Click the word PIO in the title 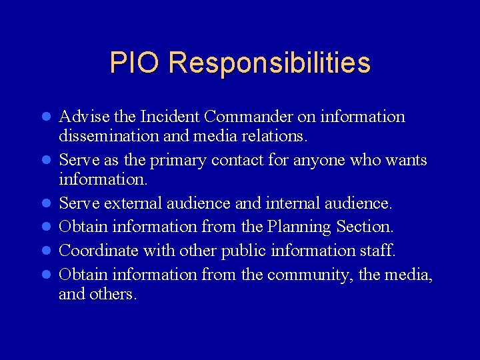(x=135, y=63)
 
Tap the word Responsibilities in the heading (x=269, y=63)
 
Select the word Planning (x=298, y=227)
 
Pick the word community (x=309, y=275)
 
